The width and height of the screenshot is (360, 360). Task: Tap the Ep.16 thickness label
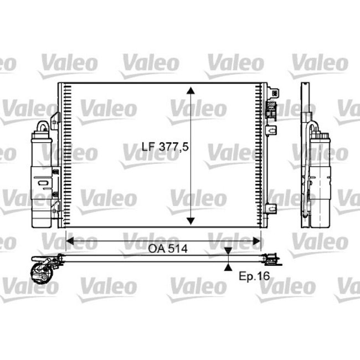coord(254,275)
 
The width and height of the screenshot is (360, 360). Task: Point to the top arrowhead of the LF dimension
coord(191,91)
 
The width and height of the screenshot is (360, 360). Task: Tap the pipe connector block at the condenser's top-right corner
coord(271,105)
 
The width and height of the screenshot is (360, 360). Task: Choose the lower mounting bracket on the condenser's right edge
coord(271,209)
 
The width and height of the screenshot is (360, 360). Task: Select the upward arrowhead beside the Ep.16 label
coord(228,266)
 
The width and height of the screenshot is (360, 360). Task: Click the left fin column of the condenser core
coord(66,155)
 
